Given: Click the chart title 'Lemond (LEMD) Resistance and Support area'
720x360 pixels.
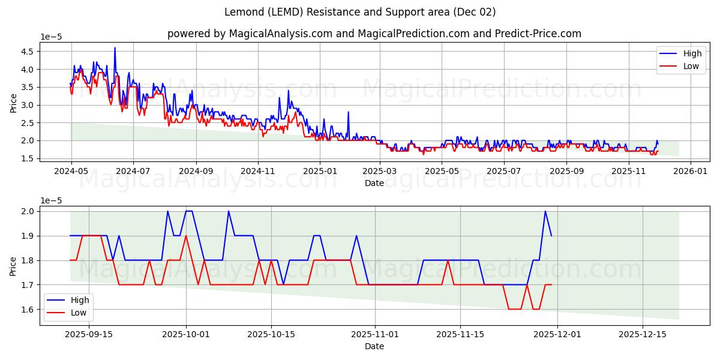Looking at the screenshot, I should [360, 12].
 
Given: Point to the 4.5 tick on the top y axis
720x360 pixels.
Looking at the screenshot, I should [27, 52].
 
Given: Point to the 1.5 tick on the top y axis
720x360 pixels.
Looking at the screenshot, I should [27, 158].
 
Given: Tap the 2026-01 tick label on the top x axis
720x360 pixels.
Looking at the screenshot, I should [690, 170].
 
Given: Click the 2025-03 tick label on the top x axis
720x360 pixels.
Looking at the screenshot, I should [380, 170].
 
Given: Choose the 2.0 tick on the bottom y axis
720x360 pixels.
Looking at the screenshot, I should [27, 211].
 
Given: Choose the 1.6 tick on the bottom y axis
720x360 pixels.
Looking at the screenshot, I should [27, 310].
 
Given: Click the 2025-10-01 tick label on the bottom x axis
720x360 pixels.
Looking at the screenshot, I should [186, 334].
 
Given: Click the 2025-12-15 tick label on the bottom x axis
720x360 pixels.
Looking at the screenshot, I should [643, 334].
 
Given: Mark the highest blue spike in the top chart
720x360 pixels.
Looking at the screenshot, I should [115, 48].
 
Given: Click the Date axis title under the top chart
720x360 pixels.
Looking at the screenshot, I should [374, 183].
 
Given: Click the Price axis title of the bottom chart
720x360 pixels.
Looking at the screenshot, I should [13, 265].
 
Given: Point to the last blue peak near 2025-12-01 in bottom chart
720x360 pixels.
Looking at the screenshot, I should [545, 211].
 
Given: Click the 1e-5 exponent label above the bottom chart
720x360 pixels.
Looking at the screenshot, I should [51, 200].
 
